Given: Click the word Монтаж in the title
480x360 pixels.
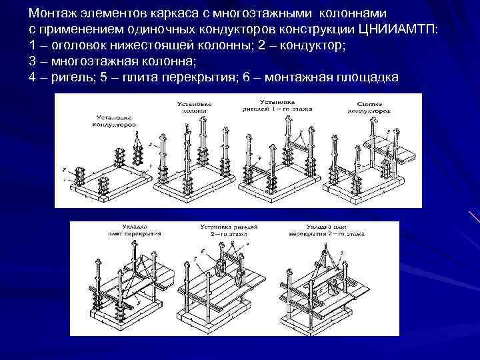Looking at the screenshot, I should coord(51,13).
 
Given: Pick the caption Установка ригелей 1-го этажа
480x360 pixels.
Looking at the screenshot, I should coord(274,107).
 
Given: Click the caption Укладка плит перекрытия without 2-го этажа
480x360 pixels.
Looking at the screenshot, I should coord(121,231).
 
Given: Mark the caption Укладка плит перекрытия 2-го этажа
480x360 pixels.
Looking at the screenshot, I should coord(319,231).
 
